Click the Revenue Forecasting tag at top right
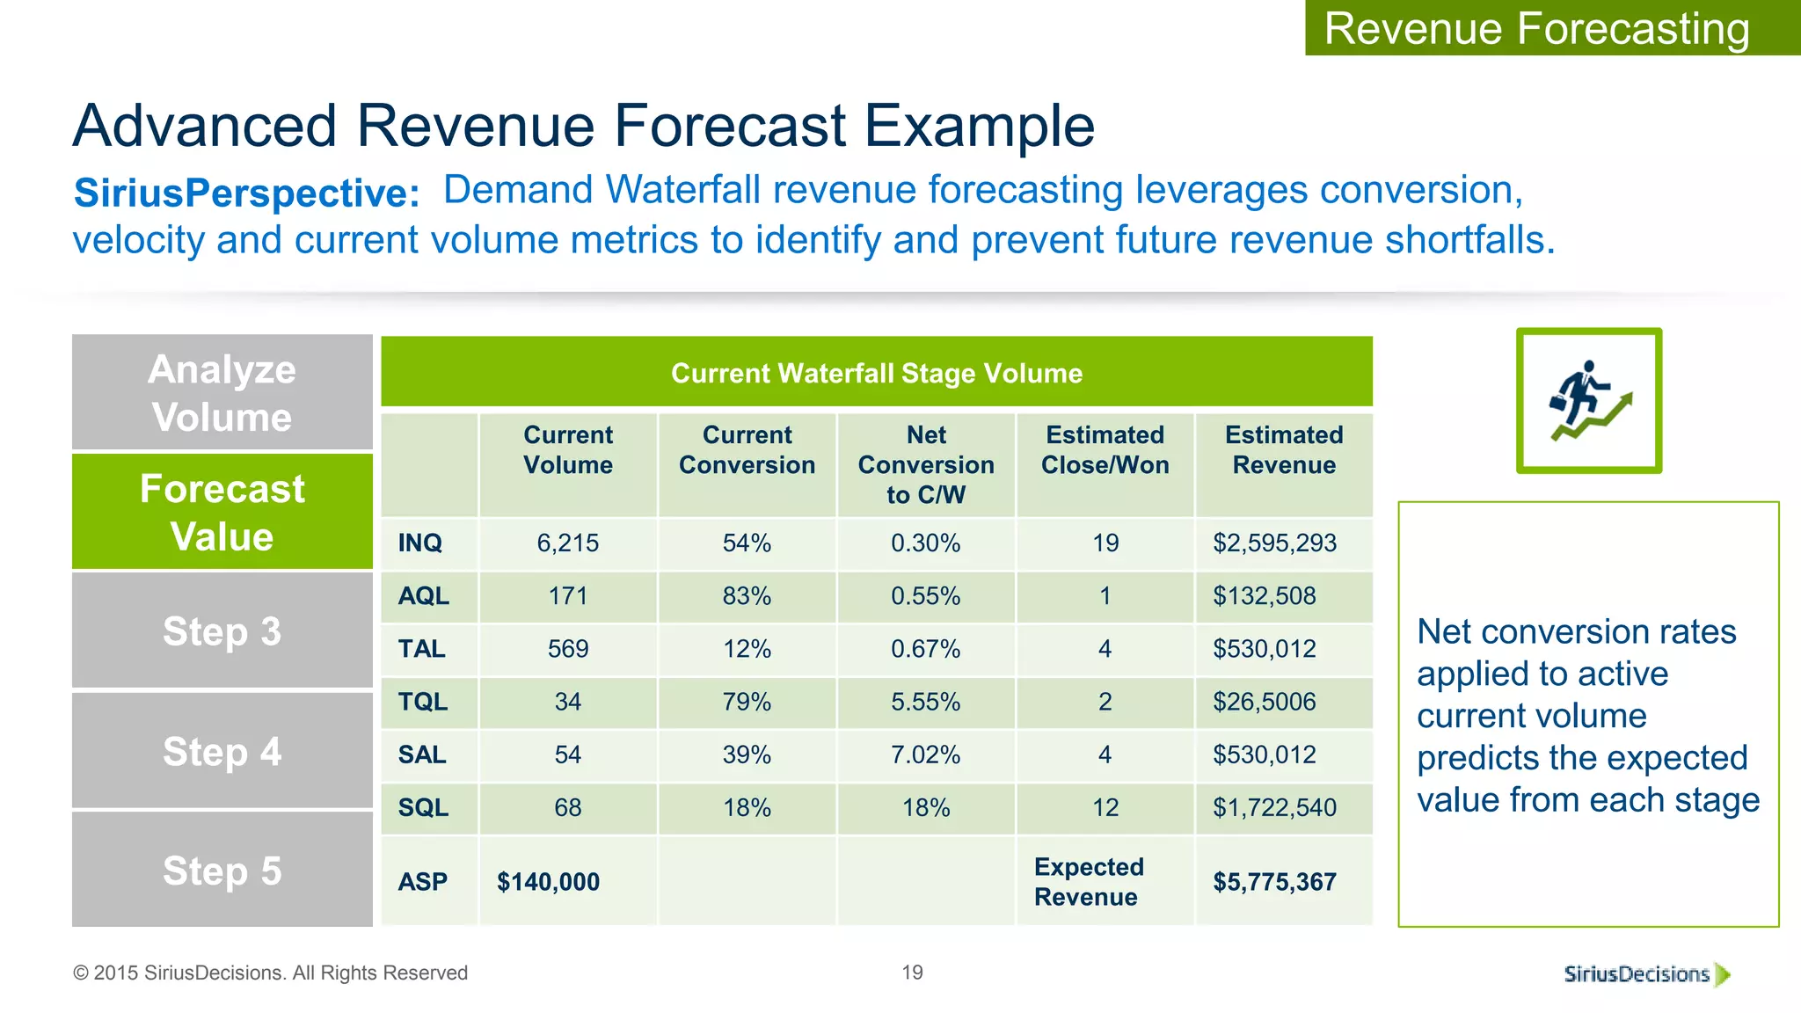point(1536,28)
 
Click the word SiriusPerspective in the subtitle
point(246,193)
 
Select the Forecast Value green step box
point(222,512)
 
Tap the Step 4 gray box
point(222,752)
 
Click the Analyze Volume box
point(222,393)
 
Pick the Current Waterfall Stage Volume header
point(877,373)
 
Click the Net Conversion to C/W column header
point(926,464)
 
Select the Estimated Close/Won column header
point(1105,449)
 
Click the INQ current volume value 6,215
point(568,543)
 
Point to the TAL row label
point(422,649)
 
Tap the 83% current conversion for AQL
point(747,596)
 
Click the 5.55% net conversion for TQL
point(926,702)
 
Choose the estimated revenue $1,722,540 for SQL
point(1274,807)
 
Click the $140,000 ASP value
point(548,881)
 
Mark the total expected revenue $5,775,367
point(1274,881)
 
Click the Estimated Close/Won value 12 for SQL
point(1105,807)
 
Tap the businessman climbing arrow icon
point(1588,401)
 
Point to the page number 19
point(912,973)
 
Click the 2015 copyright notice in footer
point(270,973)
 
